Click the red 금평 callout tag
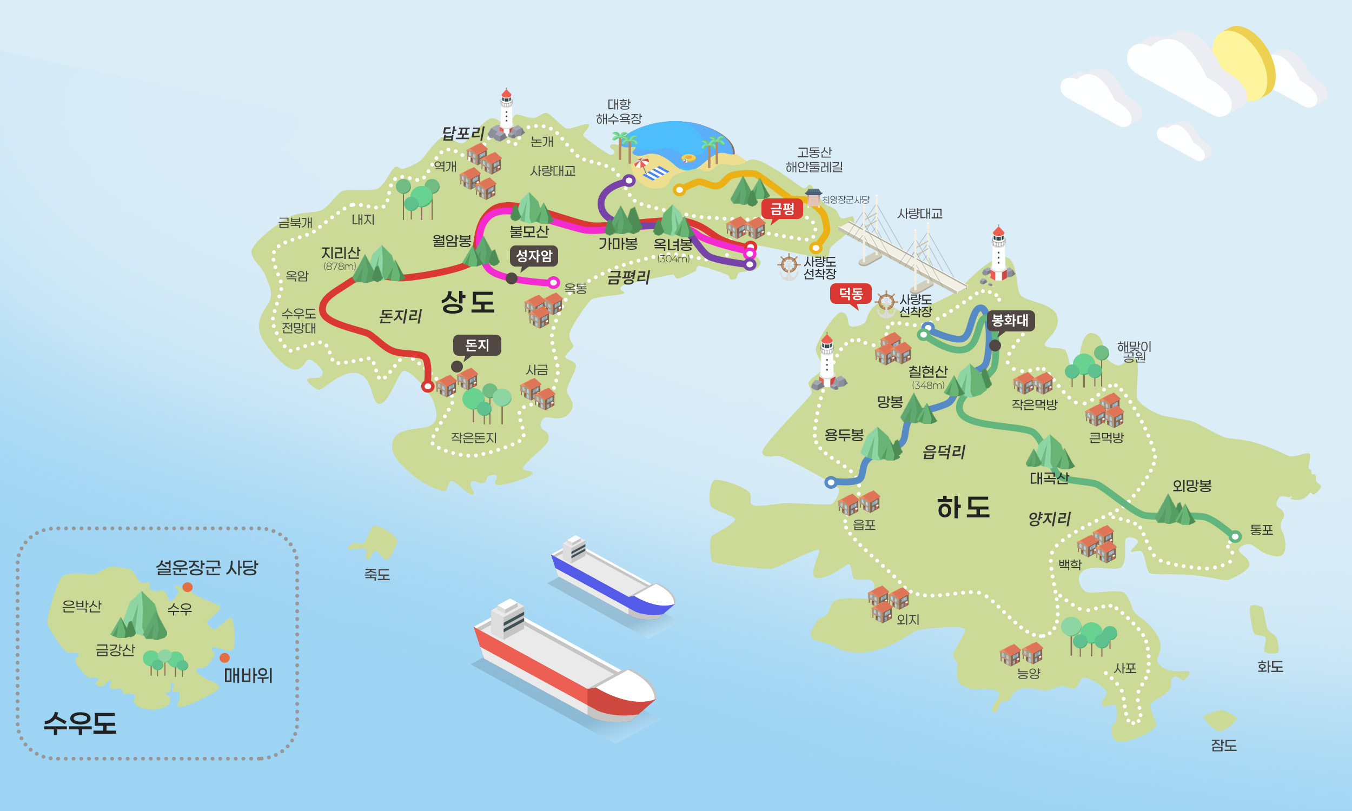tap(781, 209)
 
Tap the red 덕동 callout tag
tap(850, 294)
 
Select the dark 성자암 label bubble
tap(533, 256)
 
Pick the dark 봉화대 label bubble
tap(1010, 320)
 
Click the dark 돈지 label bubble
tap(476, 345)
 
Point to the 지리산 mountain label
tap(341, 253)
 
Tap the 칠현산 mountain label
tap(928, 371)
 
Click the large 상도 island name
tap(468, 302)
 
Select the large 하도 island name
tap(964, 507)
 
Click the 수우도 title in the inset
tap(80, 723)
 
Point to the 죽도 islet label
tap(377, 574)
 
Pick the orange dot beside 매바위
tap(224, 658)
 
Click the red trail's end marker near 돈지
tap(427, 387)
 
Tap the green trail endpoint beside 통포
tap(1235, 537)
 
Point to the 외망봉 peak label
tap(1192, 486)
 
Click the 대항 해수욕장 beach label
tap(619, 111)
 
